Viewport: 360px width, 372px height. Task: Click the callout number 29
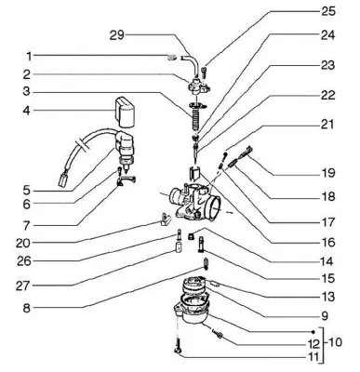click(116, 35)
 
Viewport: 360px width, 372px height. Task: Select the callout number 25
click(327, 11)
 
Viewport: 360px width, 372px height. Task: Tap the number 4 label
click(27, 111)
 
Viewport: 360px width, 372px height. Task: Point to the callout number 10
click(334, 342)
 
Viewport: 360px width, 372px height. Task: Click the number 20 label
click(23, 243)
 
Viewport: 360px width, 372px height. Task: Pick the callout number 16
click(327, 242)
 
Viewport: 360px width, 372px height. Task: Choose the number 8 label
click(26, 308)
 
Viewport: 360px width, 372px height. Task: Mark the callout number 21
click(327, 124)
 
